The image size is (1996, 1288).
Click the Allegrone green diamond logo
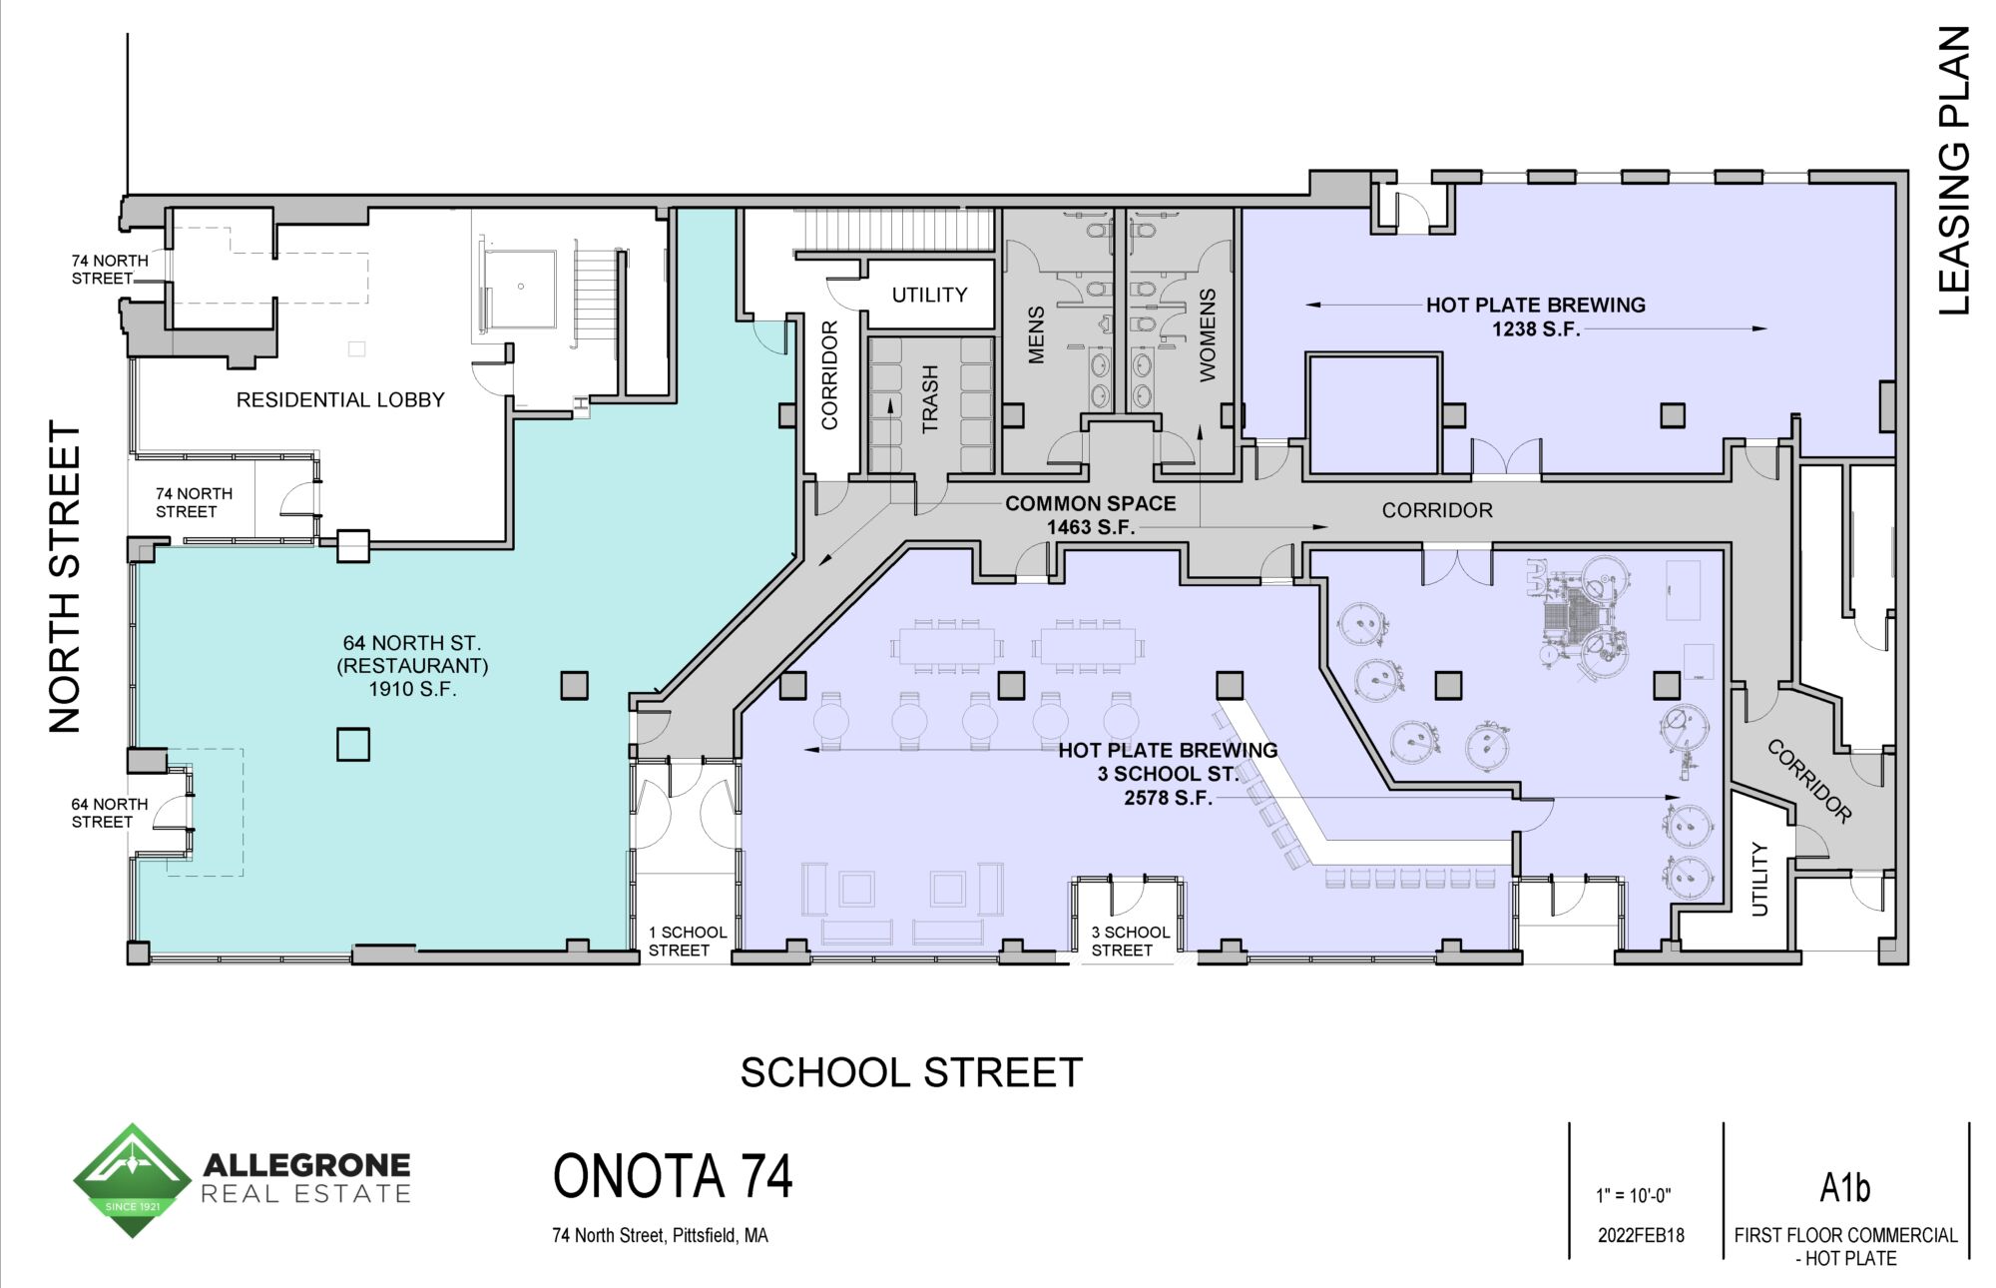pyautogui.click(x=132, y=1180)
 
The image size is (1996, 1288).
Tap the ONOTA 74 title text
pyautogui.click(x=673, y=1176)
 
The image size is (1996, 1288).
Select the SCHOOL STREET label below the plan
pyautogui.click(x=911, y=1072)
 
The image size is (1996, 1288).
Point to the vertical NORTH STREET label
pyautogui.click(x=65, y=577)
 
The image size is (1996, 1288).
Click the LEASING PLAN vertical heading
pyautogui.click(x=1954, y=171)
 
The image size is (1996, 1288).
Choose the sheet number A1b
pyautogui.click(x=1844, y=1187)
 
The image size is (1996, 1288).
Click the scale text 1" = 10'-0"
pyautogui.click(x=1633, y=1195)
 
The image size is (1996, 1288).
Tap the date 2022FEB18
pyautogui.click(x=1641, y=1235)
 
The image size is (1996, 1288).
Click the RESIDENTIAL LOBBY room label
pyautogui.click(x=340, y=399)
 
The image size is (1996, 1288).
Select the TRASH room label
pyautogui.click(x=930, y=399)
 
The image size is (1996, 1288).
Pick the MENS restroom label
pyautogui.click(x=1036, y=335)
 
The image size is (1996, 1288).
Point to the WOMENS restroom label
pyautogui.click(x=1208, y=335)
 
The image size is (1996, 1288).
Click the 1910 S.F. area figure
pyautogui.click(x=413, y=689)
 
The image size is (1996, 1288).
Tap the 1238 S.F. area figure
pyautogui.click(x=1536, y=328)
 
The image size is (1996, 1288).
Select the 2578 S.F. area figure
pyautogui.click(x=1168, y=798)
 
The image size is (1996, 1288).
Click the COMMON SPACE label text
pyautogui.click(x=1091, y=503)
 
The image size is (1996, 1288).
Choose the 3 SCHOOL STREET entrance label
pyautogui.click(x=1130, y=941)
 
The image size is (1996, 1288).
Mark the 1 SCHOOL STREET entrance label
pyautogui.click(x=688, y=941)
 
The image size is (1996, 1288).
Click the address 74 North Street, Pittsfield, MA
pyautogui.click(x=661, y=1235)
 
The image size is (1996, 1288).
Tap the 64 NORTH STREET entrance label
pyautogui.click(x=109, y=813)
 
